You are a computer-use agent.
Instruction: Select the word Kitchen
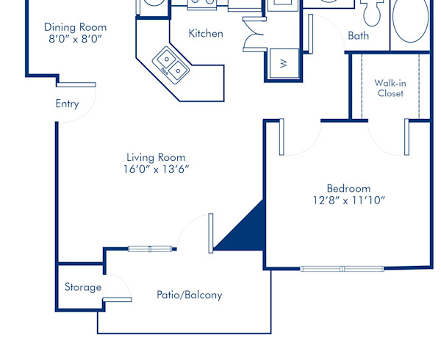click(206, 34)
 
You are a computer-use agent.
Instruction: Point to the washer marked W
click(284, 63)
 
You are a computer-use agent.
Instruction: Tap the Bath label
click(359, 35)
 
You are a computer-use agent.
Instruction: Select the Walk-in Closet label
click(390, 88)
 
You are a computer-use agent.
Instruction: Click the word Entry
click(67, 104)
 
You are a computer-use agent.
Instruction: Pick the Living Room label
click(156, 157)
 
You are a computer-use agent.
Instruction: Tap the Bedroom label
click(348, 188)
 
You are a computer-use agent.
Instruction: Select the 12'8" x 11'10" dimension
click(348, 200)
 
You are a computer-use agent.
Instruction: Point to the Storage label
click(82, 287)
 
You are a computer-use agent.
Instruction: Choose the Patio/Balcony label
click(189, 295)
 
